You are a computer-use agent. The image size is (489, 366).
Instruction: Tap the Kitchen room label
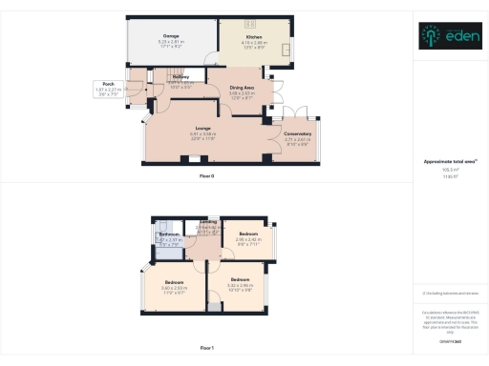tap(253, 37)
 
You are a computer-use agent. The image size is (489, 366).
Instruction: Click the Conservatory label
tap(297, 134)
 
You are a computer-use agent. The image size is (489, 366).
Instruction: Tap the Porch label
tap(109, 84)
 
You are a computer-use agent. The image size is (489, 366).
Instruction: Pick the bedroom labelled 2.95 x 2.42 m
tap(248, 234)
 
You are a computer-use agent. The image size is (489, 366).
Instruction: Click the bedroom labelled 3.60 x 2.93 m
tap(174, 283)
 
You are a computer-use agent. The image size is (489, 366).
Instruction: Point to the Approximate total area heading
tap(449, 162)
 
